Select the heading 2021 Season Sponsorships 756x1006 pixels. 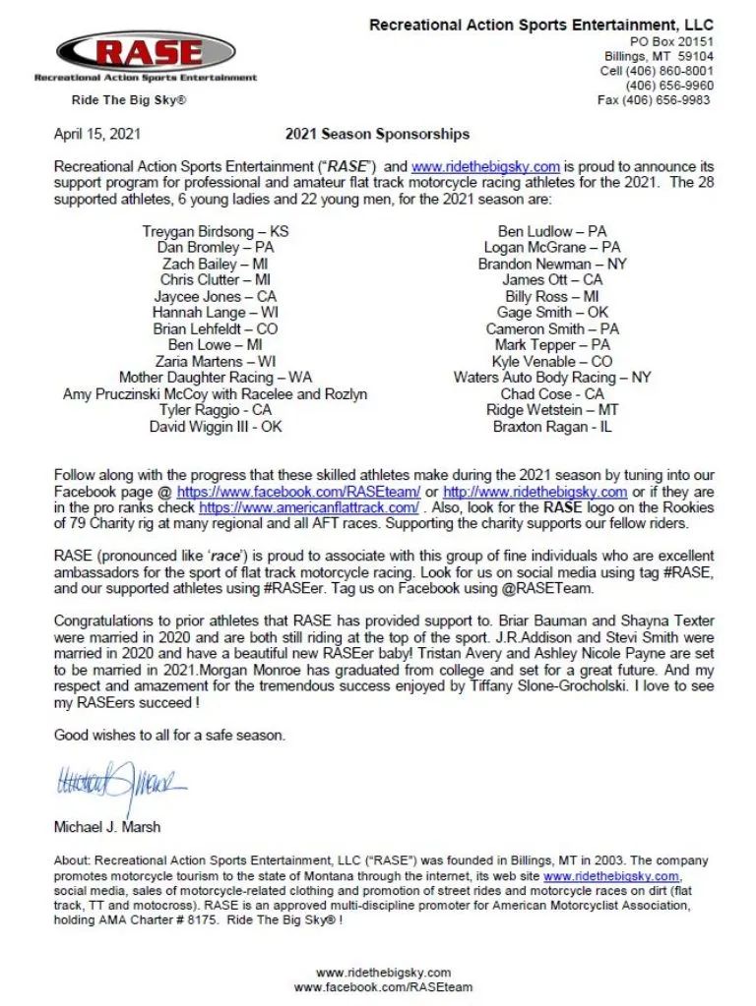[377, 134]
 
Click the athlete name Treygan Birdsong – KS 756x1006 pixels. [216, 231]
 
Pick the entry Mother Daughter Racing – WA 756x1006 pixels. [216, 378]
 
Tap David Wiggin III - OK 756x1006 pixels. [216, 427]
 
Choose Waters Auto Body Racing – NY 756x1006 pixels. [552, 378]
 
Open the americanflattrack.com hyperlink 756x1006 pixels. [309, 508]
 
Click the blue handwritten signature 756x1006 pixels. [120, 784]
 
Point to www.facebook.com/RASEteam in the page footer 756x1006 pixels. [383, 987]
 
